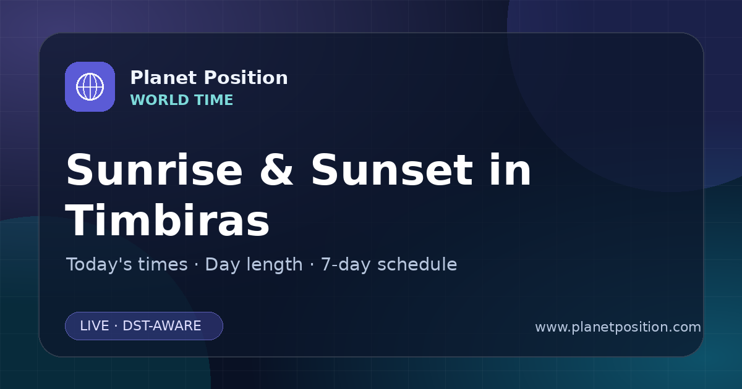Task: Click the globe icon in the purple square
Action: point(90,86)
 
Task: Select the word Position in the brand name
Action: point(246,78)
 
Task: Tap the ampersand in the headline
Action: point(276,170)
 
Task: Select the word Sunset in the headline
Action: point(392,170)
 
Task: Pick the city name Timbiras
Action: point(168,220)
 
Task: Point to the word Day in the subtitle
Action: point(222,266)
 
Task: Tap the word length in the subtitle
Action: point(275,266)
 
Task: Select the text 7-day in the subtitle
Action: point(346,266)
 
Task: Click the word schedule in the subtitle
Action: point(417,264)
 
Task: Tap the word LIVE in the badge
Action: point(95,326)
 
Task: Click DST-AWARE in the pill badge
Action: point(162,326)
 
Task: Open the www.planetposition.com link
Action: point(618,327)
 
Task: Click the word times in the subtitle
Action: point(163,264)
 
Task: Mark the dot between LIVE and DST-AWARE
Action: point(116,326)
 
